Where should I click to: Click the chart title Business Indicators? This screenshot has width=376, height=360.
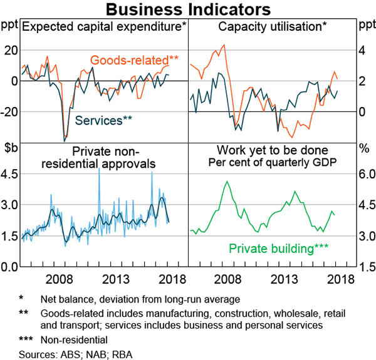pyautogui.click(x=188, y=10)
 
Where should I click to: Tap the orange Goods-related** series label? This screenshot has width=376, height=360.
pyautogui.click(x=135, y=61)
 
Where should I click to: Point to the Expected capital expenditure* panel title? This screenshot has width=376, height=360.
pyautogui.click(x=104, y=26)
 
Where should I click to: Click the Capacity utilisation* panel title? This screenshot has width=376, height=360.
pyautogui.click(x=273, y=26)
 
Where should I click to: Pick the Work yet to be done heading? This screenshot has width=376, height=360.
pyautogui.click(x=273, y=150)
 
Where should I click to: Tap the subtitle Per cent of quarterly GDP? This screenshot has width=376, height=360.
pyautogui.click(x=273, y=162)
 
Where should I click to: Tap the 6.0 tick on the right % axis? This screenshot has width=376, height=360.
pyautogui.click(x=365, y=174)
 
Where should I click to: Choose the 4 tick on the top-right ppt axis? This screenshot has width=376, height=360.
pyautogui.click(x=361, y=50)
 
